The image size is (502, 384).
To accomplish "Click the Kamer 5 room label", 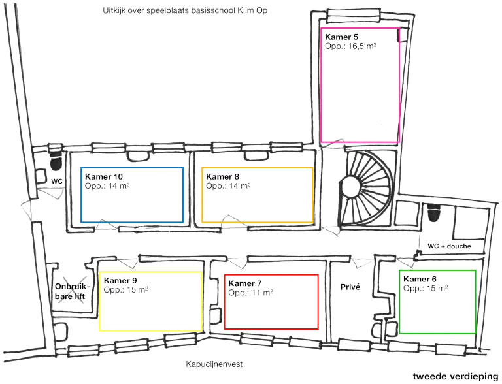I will (341, 37).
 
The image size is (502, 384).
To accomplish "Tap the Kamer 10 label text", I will (105, 177).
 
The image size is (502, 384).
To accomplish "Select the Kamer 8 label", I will (222, 177).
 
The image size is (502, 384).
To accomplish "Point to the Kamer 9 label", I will (121, 280).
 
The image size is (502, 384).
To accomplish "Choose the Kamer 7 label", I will (245, 283).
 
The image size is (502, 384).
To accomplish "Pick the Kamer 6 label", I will (420, 279).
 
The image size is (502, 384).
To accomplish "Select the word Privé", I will (351, 286).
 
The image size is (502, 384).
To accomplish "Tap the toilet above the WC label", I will (56, 160).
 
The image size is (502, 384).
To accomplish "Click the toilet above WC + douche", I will (432, 214).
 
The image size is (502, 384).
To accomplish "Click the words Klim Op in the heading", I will (255, 11).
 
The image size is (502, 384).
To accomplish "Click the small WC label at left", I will (57, 180).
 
